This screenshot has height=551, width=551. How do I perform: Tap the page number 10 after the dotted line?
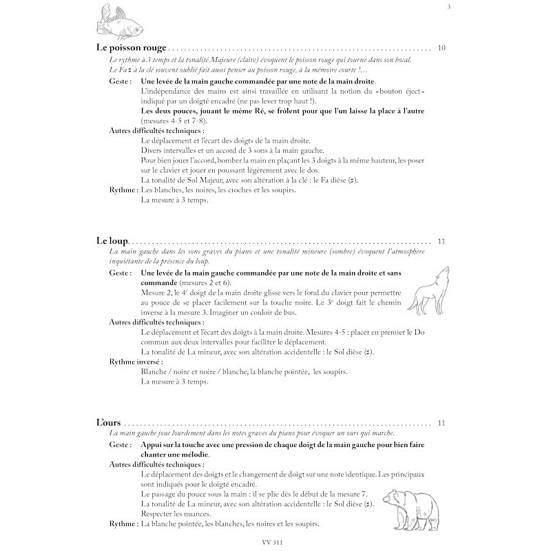coord(441,48)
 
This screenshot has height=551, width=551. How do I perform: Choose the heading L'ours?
coord(110,423)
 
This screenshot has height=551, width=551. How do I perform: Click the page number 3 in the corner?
coord(449,8)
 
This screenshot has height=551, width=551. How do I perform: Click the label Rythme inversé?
coord(136,361)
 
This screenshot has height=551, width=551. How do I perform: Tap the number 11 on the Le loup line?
coord(441,241)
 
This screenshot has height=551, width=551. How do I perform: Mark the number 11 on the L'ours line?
coord(441,423)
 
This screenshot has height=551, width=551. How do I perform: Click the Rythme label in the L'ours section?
coord(123,525)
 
